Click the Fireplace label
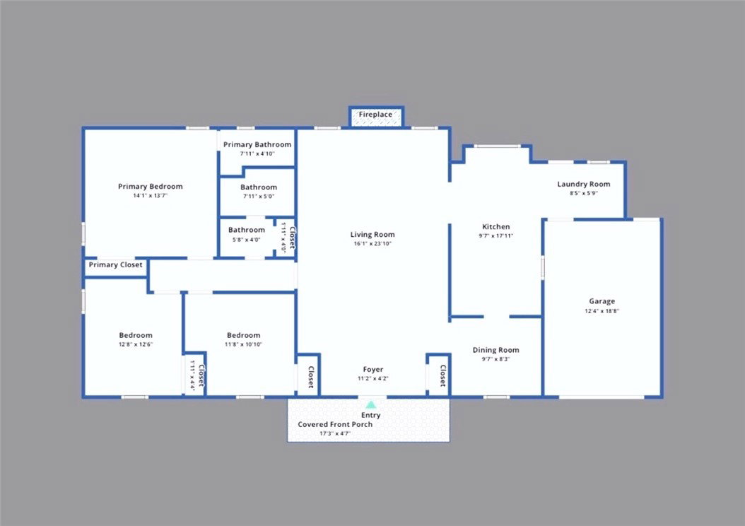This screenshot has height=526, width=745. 375,115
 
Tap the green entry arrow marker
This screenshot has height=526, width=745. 370,405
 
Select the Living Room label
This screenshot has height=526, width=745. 372,234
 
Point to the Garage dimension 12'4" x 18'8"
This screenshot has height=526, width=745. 602,311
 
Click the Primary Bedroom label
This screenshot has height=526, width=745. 150,186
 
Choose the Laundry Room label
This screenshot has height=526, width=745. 583,185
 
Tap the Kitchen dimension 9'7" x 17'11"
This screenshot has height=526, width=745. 496,235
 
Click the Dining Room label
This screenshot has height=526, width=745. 495,350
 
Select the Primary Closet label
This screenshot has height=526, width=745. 115,264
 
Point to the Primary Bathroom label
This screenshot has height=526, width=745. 257,144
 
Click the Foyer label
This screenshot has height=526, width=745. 373,369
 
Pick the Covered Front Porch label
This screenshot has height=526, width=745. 335,424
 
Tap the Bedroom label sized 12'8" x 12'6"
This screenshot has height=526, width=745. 136,335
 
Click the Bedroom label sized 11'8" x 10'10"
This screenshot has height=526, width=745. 243,335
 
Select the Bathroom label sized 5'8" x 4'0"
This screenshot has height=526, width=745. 246,230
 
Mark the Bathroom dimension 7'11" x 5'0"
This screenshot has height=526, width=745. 259,197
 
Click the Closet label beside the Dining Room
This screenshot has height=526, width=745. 442,375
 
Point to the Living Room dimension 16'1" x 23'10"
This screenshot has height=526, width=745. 372,244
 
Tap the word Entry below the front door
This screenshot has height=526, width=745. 370,415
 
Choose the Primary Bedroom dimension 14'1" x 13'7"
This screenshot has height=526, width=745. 150,196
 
